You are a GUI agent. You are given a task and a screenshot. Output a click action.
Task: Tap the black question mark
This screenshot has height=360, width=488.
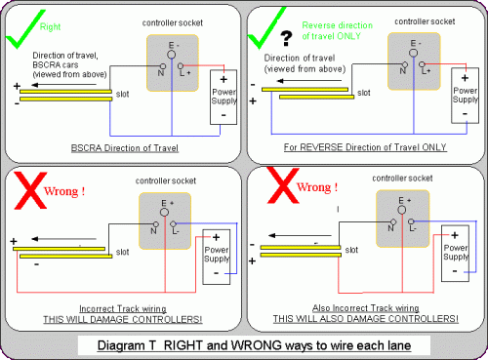click(x=286, y=38)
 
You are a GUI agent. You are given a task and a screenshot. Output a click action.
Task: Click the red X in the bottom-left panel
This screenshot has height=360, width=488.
click(x=30, y=191)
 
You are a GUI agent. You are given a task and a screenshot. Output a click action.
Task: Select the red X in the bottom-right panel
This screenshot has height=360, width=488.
click(x=283, y=185)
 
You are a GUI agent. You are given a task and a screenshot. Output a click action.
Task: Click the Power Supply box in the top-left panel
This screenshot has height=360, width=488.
click(x=224, y=97)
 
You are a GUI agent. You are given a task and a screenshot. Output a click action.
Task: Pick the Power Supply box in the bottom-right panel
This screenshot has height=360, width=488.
click(x=455, y=253)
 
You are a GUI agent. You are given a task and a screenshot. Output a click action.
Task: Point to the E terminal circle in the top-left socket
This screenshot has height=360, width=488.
click(x=172, y=55)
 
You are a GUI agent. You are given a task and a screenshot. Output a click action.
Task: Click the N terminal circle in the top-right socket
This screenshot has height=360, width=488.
click(x=405, y=64)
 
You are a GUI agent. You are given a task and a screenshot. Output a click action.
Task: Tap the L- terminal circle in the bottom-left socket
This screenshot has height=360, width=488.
click(x=173, y=224)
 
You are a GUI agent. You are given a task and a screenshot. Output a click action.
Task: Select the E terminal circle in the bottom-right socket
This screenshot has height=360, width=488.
click(x=402, y=210)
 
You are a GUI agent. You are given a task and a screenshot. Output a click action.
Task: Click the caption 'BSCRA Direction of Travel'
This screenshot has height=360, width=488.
click(x=125, y=148)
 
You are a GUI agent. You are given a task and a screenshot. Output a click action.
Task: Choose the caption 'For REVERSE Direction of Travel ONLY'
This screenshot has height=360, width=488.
click(x=365, y=147)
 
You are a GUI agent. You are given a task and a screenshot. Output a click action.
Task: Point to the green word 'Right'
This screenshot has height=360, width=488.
click(x=50, y=26)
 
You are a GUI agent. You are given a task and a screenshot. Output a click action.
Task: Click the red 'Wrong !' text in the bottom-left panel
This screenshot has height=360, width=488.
click(x=64, y=191)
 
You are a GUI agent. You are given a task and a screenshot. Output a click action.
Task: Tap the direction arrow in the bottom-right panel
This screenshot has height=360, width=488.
click(x=300, y=235)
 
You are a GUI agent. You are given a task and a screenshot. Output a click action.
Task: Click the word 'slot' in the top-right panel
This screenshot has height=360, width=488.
click(x=364, y=93)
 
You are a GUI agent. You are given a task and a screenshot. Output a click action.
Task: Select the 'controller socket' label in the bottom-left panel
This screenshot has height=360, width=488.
click(x=166, y=180)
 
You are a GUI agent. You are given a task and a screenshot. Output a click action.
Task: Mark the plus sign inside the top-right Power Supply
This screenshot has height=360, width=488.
click(x=465, y=78)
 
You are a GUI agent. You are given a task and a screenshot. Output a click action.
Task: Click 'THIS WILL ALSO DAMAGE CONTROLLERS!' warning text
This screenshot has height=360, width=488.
click(x=366, y=319)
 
